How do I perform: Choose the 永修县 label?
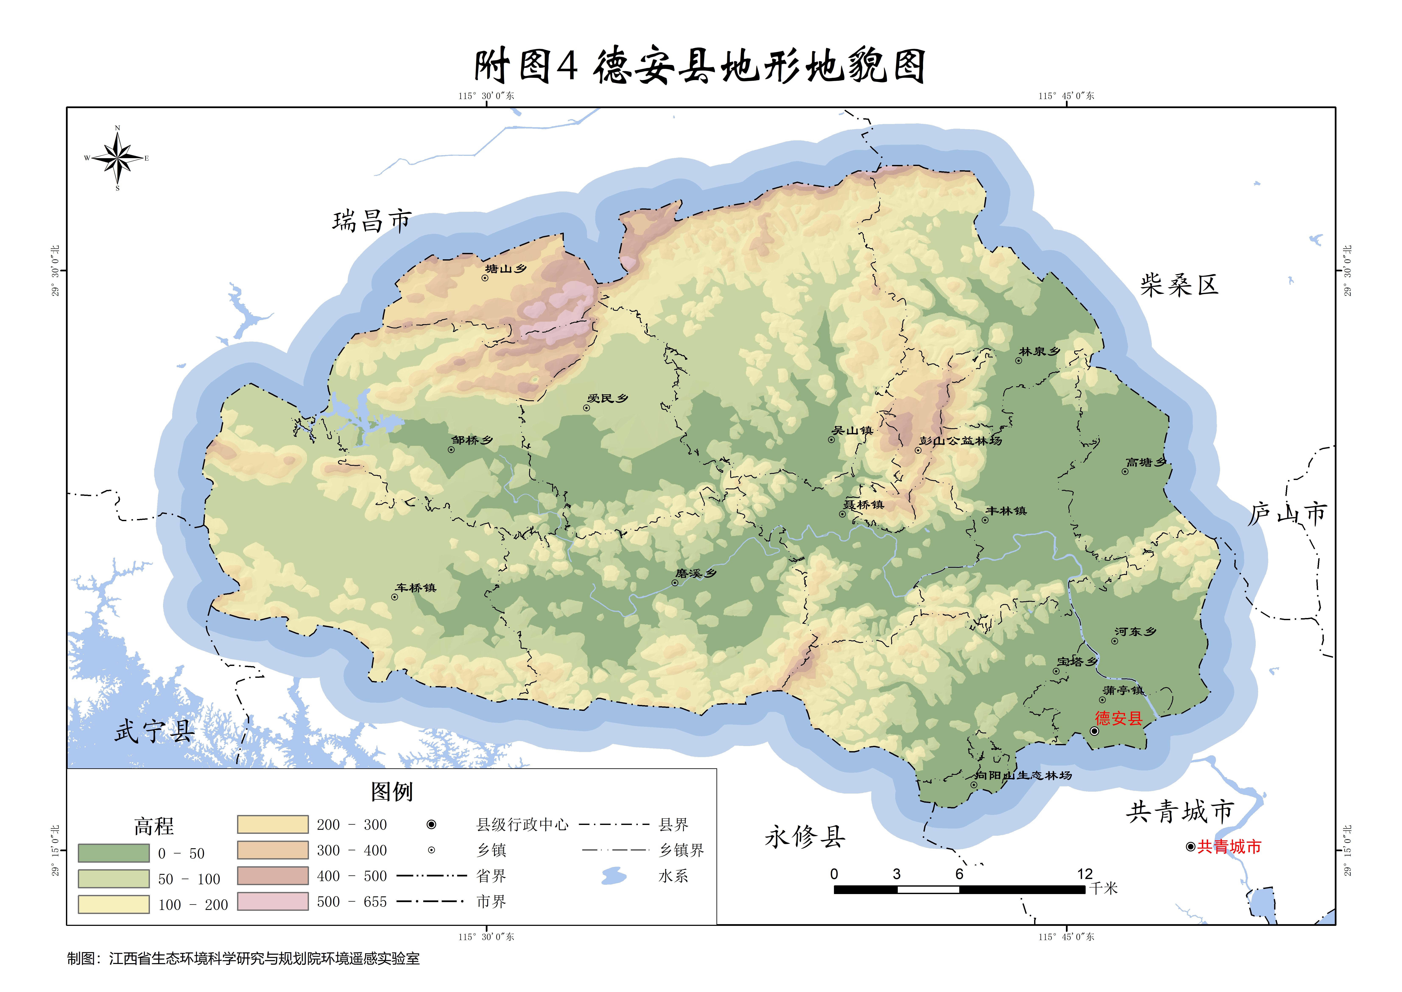pos(805,837)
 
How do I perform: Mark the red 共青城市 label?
pos(1229,847)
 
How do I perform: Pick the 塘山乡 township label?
pos(506,269)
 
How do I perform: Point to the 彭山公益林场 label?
pos(961,440)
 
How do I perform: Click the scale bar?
pos(959,889)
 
